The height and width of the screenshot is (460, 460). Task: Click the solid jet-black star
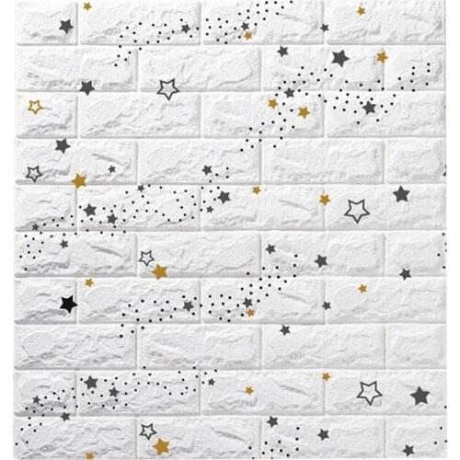coord(66,303)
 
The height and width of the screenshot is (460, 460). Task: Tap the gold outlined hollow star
coord(35,107)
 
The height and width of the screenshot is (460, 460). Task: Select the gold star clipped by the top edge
coord(87,6)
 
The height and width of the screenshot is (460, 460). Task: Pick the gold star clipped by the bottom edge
coord(161,446)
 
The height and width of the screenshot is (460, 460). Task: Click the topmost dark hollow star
coord(167,88)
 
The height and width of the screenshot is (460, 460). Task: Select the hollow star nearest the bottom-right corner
coord(370,393)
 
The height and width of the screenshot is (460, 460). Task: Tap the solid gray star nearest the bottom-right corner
coord(420,396)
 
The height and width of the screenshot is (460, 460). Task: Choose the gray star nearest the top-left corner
coord(65,26)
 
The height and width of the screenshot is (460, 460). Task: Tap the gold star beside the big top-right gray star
coord(382,57)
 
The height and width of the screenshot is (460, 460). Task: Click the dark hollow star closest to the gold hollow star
coord(34,173)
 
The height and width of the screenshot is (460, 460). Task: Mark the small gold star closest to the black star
coord(89,282)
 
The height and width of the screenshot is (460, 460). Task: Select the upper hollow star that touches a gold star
coord(146,258)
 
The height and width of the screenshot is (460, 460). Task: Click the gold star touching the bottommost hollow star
coord(161,446)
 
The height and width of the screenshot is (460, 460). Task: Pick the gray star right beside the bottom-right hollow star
coord(420,396)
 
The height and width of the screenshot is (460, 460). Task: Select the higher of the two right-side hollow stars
coord(356,211)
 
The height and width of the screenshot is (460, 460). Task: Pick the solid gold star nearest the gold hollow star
coord(78,180)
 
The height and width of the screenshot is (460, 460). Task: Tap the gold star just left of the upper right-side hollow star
coord(325,199)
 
